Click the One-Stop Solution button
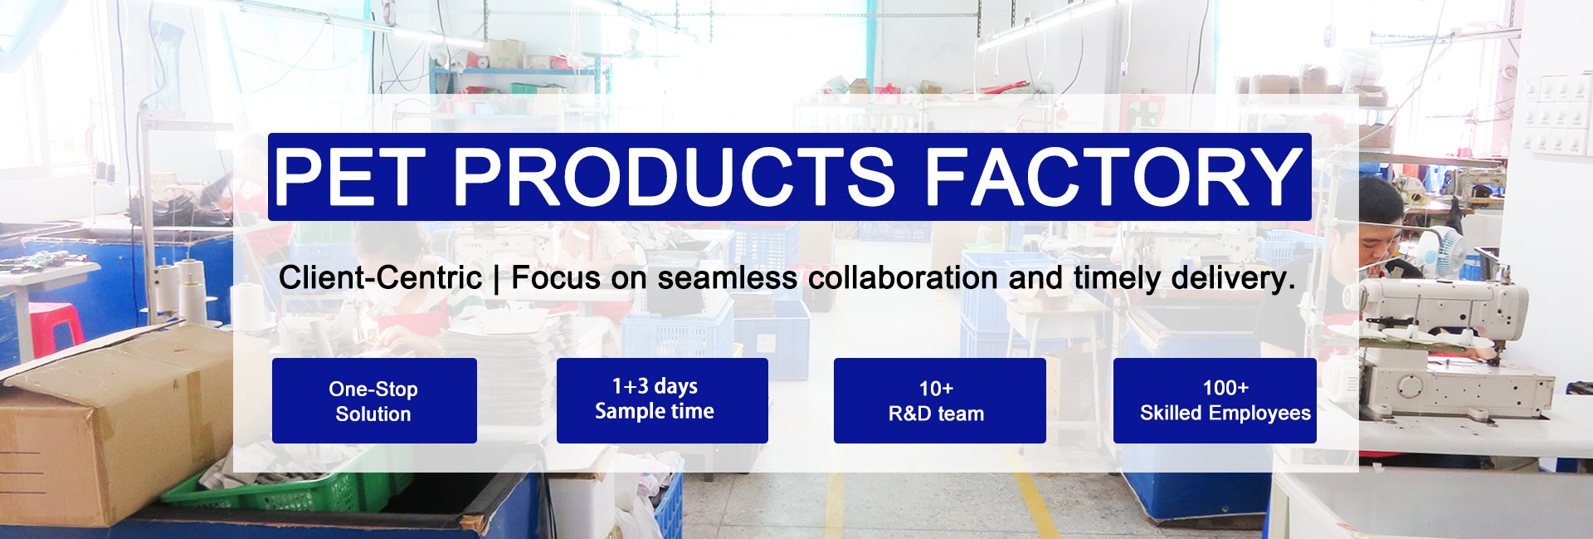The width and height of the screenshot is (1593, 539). tap(374, 400)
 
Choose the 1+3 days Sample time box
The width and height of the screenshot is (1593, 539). tap(662, 400)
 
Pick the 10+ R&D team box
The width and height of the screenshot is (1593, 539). tap(939, 400)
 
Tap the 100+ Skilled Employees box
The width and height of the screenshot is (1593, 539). tap(1215, 400)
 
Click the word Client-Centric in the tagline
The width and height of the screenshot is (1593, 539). tap(380, 277)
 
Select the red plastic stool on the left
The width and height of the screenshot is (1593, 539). tap(55, 324)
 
